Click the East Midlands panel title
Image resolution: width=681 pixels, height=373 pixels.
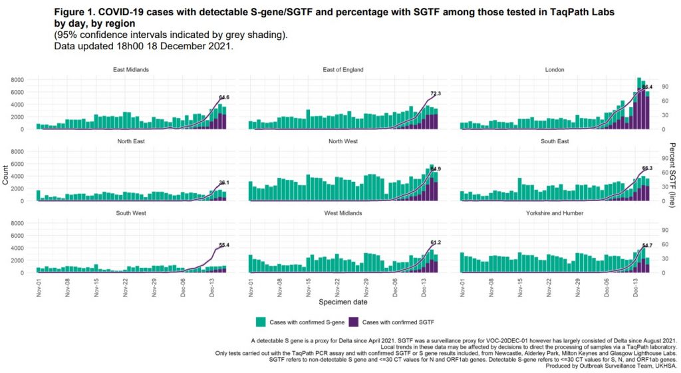[132, 69]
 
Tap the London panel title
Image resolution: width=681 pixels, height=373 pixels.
[555, 69]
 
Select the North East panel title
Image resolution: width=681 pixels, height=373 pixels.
[132, 141]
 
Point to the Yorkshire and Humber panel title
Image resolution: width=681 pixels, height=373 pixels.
[555, 213]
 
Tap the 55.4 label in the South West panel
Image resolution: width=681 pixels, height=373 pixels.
[229, 245]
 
